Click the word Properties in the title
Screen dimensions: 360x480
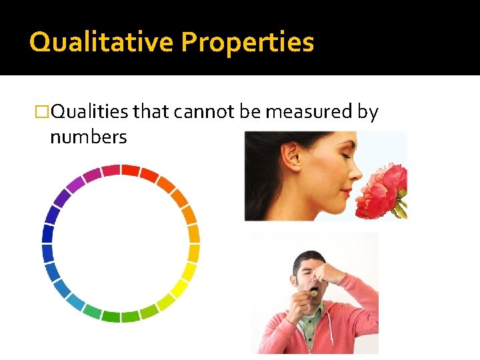pyautogui.click(x=247, y=43)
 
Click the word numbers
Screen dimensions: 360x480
pyautogui.click(x=88, y=137)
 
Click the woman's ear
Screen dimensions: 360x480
pyautogui.click(x=291, y=157)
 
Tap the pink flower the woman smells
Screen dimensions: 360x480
pyautogui.click(x=383, y=190)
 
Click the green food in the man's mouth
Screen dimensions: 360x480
pyautogui.click(x=313, y=291)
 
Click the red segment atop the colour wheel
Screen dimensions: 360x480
pyautogui.click(x=130, y=170)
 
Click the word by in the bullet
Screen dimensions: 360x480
pyautogui.click(x=367, y=112)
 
